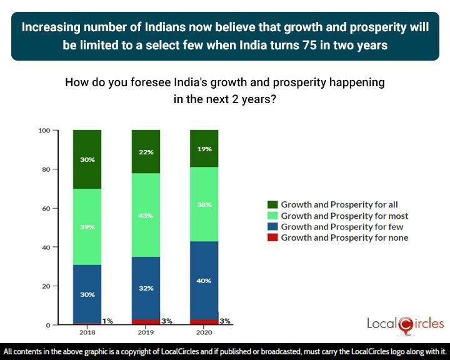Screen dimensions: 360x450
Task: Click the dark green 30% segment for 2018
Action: (87, 159)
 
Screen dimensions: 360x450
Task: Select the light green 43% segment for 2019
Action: (145, 215)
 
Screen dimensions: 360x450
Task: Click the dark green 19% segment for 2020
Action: (204, 149)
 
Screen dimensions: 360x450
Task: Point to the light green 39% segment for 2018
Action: (87, 227)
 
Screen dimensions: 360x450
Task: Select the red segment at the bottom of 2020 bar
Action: (204, 322)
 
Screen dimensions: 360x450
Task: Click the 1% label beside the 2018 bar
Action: (107, 321)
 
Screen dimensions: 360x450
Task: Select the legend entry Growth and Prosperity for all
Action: (339, 204)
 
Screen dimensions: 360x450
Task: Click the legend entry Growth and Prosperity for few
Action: (342, 227)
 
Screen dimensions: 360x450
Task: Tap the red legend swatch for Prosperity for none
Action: (272, 238)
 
